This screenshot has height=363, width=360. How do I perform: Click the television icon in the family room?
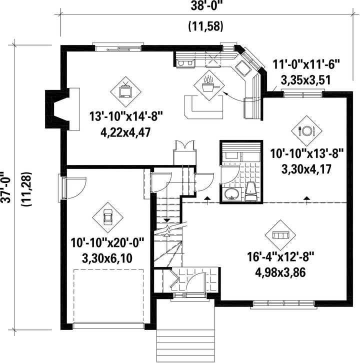tap(125, 91)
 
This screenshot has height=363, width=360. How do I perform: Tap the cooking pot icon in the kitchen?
tap(209, 84)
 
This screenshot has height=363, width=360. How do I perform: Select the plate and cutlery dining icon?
tap(306, 131)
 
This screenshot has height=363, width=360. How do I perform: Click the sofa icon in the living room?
tap(280, 235)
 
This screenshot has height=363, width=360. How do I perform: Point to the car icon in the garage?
tap(107, 217)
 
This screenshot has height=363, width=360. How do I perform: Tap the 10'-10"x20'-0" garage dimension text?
tap(107, 243)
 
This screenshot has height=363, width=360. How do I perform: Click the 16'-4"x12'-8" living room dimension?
tap(280, 257)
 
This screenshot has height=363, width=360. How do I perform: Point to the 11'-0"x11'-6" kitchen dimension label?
tap(306, 64)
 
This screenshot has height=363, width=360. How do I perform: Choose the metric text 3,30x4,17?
tap(306, 169)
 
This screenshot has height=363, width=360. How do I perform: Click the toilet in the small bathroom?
tap(251, 191)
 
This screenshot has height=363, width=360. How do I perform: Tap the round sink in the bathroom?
tap(231, 194)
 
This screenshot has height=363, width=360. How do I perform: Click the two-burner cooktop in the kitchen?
tap(185, 63)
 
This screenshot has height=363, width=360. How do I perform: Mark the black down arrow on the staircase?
tap(166, 220)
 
